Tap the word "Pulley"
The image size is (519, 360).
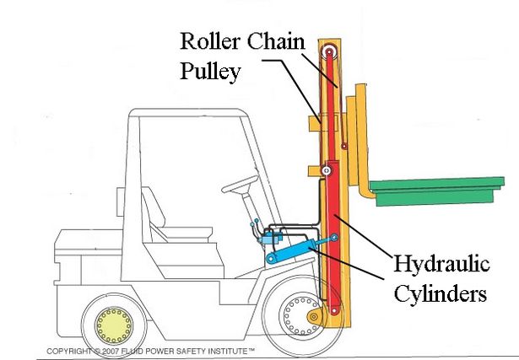pos(212,71)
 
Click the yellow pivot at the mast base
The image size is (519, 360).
pos(314,318)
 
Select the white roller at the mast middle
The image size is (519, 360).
pos(326,173)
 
